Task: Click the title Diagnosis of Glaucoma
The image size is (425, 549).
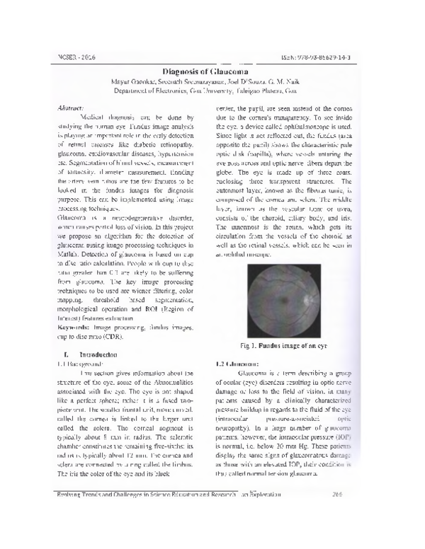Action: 212,70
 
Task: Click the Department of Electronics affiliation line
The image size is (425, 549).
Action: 212,92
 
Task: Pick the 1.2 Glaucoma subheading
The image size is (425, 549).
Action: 234,363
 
